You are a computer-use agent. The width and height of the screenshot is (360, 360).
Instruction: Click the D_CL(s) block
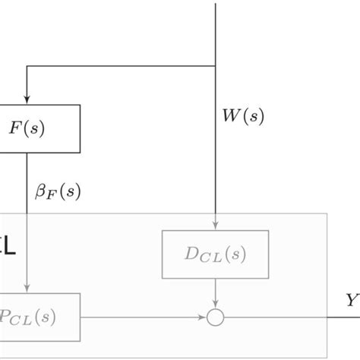[215, 255]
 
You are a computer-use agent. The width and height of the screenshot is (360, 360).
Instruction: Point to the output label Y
[352, 302]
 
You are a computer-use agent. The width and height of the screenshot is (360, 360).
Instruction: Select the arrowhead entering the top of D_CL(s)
[217, 225]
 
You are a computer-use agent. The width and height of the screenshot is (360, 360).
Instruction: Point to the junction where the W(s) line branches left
[217, 67]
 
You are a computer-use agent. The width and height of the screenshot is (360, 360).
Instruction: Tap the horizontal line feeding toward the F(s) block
[122, 67]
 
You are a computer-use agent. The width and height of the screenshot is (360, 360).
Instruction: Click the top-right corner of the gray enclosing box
[327, 213]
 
